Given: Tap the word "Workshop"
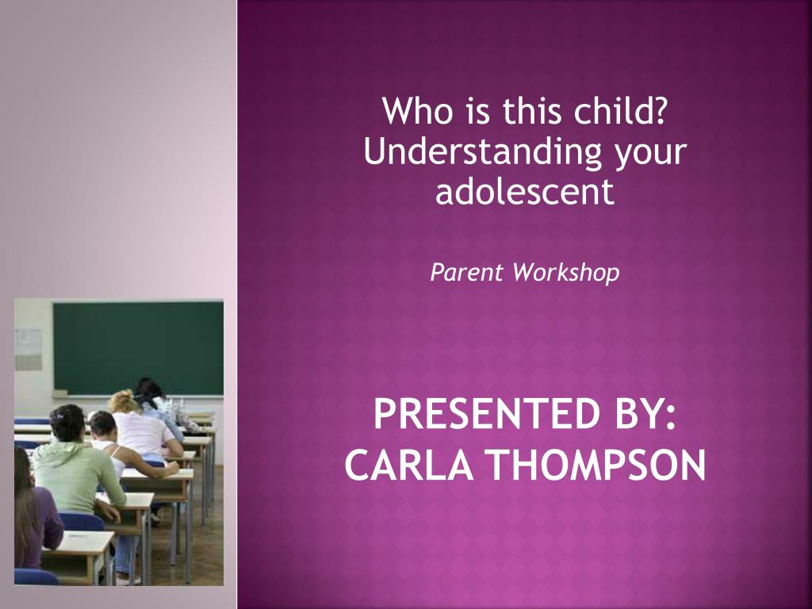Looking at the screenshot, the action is [x=566, y=273].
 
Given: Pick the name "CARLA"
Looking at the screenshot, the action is [x=409, y=465].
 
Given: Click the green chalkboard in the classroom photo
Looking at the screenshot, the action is [x=138, y=349].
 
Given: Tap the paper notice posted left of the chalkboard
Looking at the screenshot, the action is [x=28, y=350].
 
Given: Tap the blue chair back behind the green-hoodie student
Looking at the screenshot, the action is [x=82, y=522].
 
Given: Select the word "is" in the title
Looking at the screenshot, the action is [x=477, y=111].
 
